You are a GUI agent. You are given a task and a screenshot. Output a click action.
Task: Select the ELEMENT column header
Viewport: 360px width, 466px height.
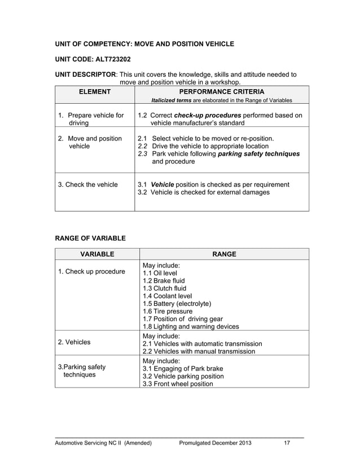pyautogui.click(x=94, y=91)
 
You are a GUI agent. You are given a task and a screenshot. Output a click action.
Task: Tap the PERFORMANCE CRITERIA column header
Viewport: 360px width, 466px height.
pyautogui.click(x=222, y=91)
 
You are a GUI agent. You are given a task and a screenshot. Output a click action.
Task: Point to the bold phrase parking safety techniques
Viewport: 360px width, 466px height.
pyautogui.click(x=258, y=153)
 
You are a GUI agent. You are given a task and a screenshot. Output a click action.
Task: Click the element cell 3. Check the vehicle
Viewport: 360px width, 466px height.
pyautogui.click(x=88, y=184)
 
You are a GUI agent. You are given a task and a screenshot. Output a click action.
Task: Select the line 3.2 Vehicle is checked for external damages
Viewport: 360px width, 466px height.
pyautogui.click(x=204, y=192)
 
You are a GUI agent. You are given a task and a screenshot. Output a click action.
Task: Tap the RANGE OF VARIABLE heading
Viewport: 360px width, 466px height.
pyautogui.click(x=90, y=238)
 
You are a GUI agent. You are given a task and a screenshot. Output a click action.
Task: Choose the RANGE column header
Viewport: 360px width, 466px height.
pyautogui.click(x=223, y=254)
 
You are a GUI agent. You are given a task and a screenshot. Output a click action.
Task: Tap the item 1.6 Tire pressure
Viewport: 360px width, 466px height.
pyautogui.click(x=168, y=311)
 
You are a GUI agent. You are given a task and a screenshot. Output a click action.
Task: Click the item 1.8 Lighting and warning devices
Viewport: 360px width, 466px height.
pyautogui.click(x=190, y=327)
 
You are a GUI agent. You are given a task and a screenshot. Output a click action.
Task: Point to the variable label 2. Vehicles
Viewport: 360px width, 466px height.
pyautogui.click(x=74, y=342)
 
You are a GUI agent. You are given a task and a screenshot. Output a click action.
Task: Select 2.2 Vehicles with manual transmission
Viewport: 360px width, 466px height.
pyautogui.click(x=198, y=351)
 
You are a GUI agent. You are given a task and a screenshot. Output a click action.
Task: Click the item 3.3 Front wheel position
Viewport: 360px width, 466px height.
pyautogui.click(x=178, y=384)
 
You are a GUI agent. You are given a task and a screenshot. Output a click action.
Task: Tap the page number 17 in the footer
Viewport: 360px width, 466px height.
pyautogui.click(x=287, y=443)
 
